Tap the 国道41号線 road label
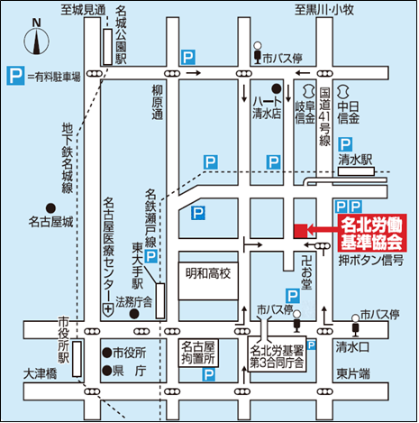click(x=326, y=115)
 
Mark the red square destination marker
click(x=300, y=231)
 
